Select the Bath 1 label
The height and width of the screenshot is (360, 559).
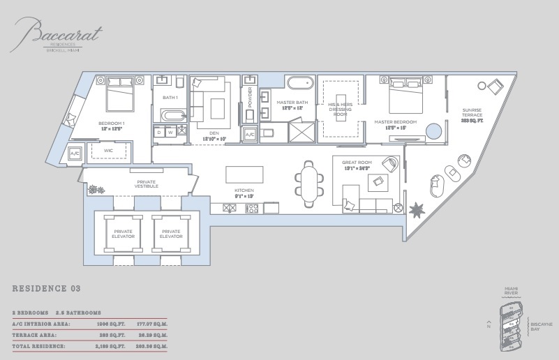(x=170, y=98)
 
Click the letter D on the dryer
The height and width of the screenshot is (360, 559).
(x=159, y=132)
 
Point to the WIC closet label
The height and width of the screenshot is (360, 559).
(x=109, y=150)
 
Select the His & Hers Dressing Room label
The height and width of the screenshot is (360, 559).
(x=338, y=109)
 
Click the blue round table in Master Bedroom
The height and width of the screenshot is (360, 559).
(x=434, y=131)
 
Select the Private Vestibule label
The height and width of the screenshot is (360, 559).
(x=147, y=184)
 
